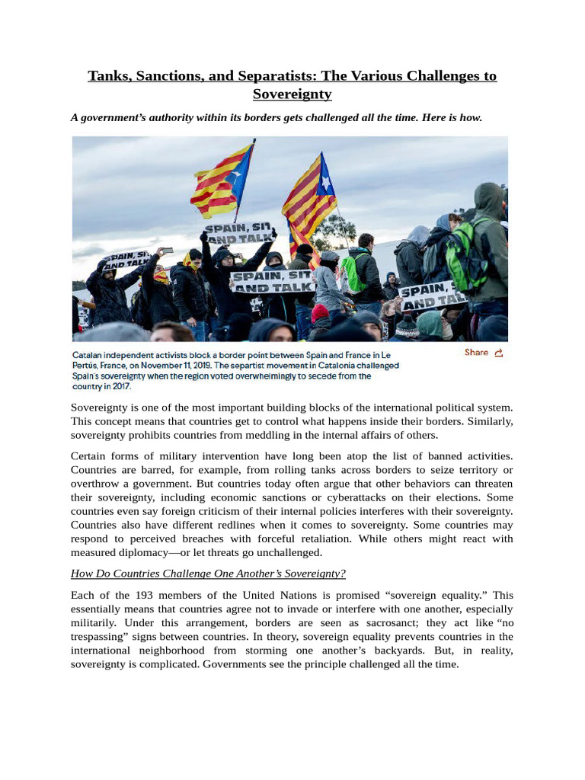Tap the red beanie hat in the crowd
320,312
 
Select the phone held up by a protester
167,251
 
